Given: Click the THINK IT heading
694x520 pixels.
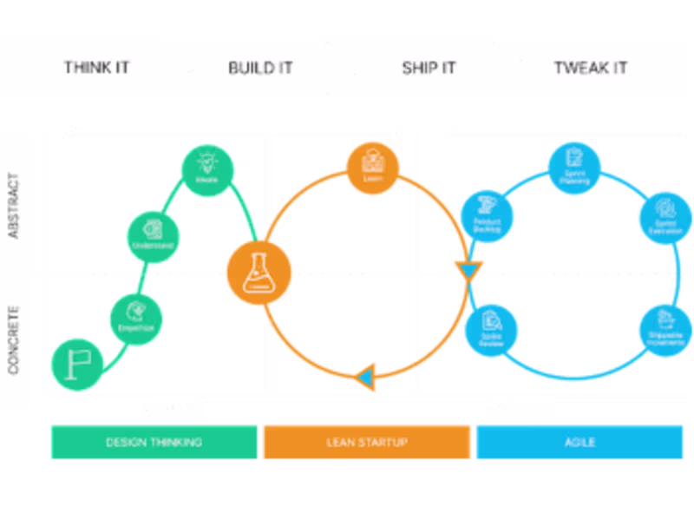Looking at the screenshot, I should click(x=97, y=68).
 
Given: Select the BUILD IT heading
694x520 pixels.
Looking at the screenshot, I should click(x=260, y=68).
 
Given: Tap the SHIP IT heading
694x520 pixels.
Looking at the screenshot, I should click(x=429, y=68).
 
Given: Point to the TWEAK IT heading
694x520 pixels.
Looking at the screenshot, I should click(x=591, y=68).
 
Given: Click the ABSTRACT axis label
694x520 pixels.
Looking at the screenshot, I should click(x=14, y=206).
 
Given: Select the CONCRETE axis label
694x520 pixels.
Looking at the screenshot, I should click(x=14, y=339).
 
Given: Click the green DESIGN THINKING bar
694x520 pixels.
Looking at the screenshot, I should click(x=154, y=442).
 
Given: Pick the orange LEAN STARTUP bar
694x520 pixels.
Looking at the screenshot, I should click(x=367, y=442).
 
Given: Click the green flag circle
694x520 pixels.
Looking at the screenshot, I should click(x=77, y=361).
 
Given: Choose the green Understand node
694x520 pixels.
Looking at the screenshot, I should click(x=154, y=234).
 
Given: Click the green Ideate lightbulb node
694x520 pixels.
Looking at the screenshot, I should click(x=206, y=168).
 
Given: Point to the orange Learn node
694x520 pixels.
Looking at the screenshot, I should click(x=373, y=164).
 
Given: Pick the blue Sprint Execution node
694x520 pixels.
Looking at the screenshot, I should click(x=665, y=215).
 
